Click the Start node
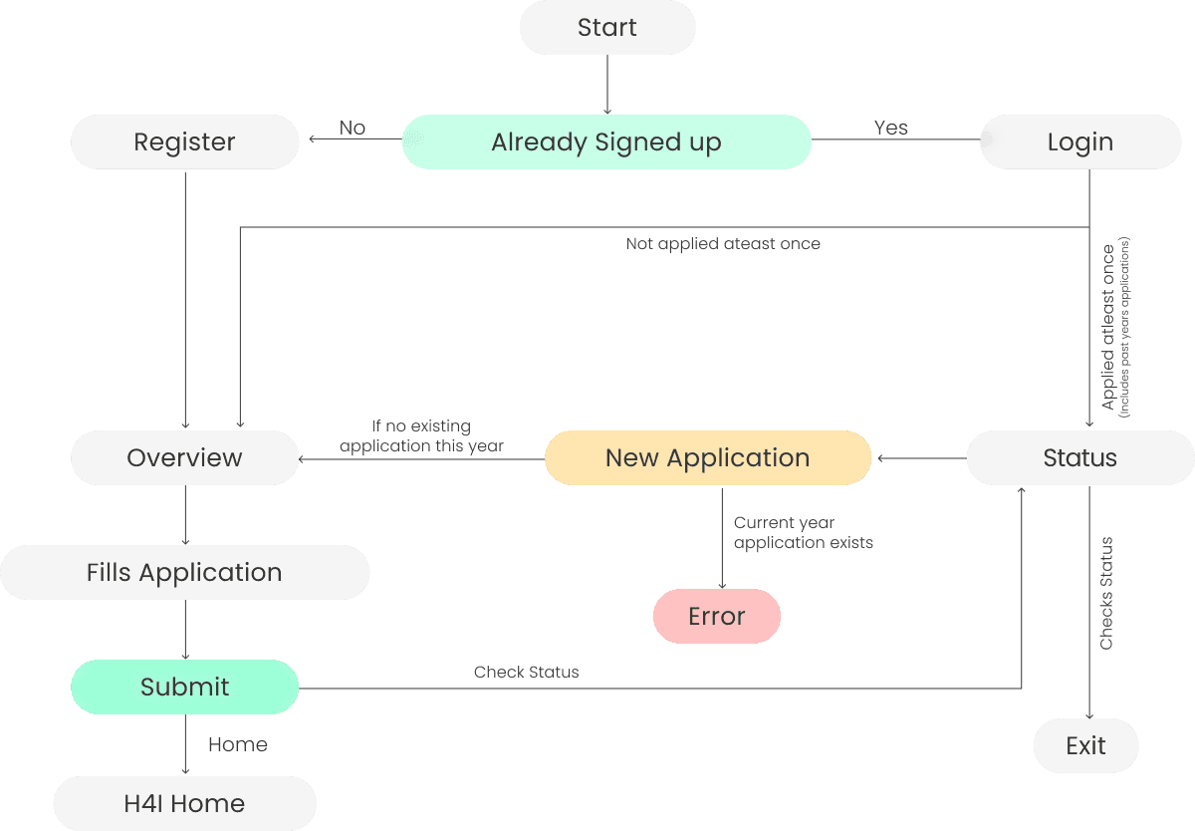606,28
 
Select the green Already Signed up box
606,142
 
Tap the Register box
184,142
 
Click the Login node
1080,142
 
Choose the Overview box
184,458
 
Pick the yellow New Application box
707,458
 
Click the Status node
1080,458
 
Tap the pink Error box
717,617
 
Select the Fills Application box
184,573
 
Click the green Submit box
184,688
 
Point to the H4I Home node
184,804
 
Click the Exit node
1085,746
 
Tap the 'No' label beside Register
353,129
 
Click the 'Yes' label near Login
890,129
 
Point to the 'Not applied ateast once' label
723,244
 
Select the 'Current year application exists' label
803,533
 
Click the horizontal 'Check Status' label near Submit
526,673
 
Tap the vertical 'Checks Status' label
1106,594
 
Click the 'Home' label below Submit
237,745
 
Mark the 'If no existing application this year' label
421,436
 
